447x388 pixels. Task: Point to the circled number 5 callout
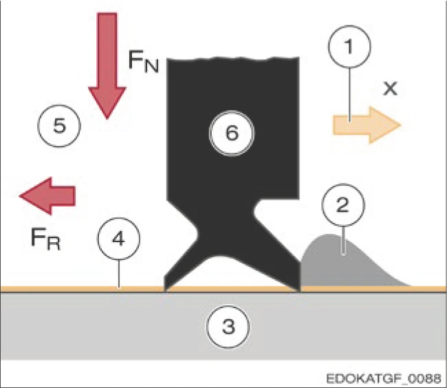click(x=59, y=125)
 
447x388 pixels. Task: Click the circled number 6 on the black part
click(x=232, y=133)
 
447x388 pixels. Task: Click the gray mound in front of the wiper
click(x=347, y=265)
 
